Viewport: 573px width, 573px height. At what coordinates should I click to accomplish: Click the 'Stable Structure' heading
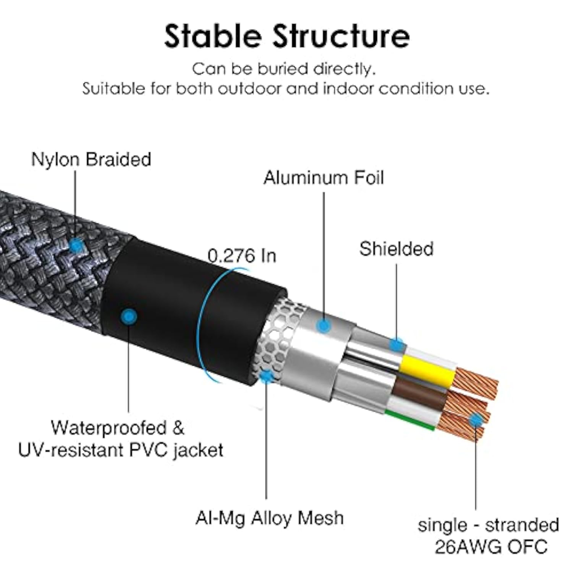point(286,36)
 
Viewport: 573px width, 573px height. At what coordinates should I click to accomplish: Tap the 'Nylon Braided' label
point(91,160)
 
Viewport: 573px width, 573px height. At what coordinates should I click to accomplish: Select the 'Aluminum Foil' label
point(323,178)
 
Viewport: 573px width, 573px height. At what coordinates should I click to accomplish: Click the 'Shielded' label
point(396,249)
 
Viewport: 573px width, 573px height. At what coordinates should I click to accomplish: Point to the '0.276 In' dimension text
point(242,256)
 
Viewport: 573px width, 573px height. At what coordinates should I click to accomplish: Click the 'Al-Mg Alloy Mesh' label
point(269,518)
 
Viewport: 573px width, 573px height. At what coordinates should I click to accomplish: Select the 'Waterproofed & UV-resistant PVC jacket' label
point(120,439)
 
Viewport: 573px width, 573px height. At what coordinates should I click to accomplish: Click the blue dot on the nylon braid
point(77,245)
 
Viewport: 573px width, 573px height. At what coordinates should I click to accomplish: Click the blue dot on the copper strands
point(476,421)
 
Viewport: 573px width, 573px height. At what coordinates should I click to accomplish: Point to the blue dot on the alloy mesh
point(267,376)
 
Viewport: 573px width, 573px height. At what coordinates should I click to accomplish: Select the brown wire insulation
point(418,393)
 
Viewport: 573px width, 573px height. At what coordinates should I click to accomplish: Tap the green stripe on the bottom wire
point(409,420)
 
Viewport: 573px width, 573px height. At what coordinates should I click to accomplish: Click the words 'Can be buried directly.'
point(284,69)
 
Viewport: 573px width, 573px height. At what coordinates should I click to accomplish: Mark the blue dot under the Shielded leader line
point(397,345)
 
